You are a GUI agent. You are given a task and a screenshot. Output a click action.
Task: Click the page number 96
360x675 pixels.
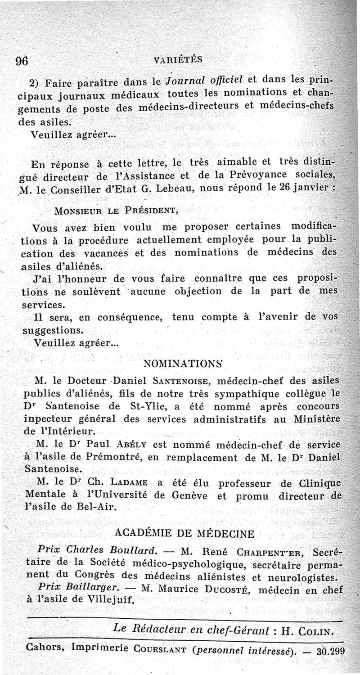(x=22, y=61)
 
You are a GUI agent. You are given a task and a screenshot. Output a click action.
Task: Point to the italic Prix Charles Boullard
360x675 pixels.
(x=97, y=550)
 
